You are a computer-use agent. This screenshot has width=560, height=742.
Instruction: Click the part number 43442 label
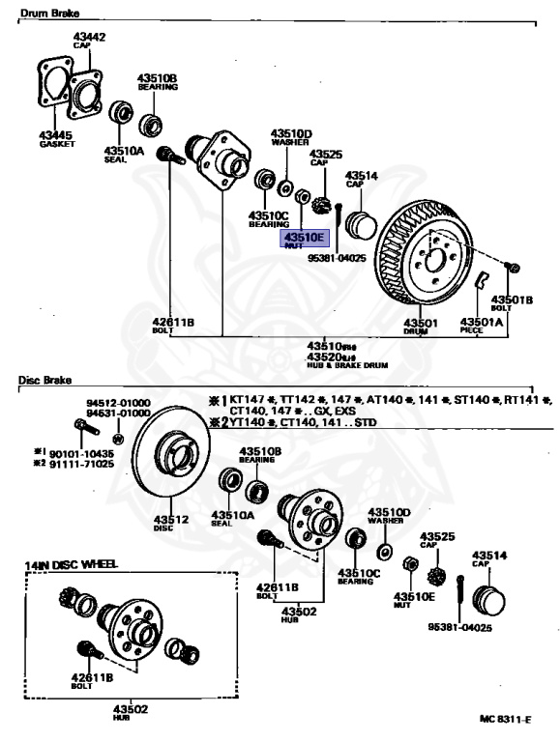pos(89,37)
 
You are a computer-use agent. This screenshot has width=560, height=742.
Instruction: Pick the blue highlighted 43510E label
pos(305,237)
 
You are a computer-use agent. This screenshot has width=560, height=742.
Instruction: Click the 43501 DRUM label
pos(421,324)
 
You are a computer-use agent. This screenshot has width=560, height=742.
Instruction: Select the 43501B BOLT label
pos(512,300)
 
